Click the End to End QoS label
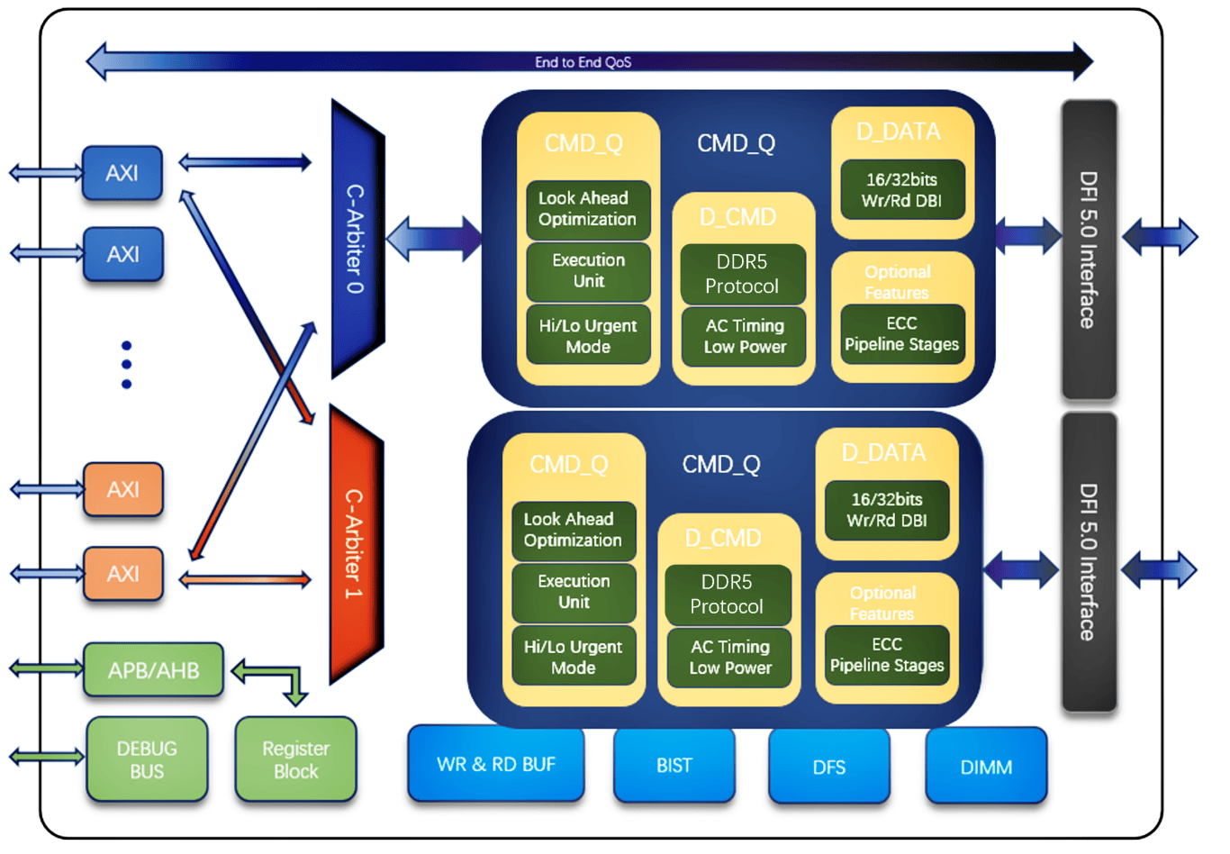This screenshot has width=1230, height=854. point(583,62)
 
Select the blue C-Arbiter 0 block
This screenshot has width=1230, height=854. point(356,239)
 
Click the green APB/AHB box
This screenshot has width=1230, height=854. point(153,670)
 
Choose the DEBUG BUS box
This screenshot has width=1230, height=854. point(147,759)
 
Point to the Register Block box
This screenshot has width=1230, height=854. point(295,759)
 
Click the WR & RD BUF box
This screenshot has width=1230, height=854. point(496,764)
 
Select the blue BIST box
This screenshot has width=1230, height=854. point(674,765)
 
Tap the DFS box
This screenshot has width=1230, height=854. point(828,767)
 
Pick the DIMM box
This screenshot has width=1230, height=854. point(986,767)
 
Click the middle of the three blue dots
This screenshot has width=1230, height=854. point(126,365)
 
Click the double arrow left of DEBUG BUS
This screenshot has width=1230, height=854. point(47,758)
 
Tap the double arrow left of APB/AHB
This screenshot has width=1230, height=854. point(47,668)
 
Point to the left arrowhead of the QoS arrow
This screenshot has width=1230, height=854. point(97,62)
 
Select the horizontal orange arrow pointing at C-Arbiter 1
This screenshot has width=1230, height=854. point(245,580)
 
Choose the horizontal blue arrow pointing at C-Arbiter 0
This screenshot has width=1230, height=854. point(245,163)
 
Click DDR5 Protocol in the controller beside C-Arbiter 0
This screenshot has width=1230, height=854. point(742,274)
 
